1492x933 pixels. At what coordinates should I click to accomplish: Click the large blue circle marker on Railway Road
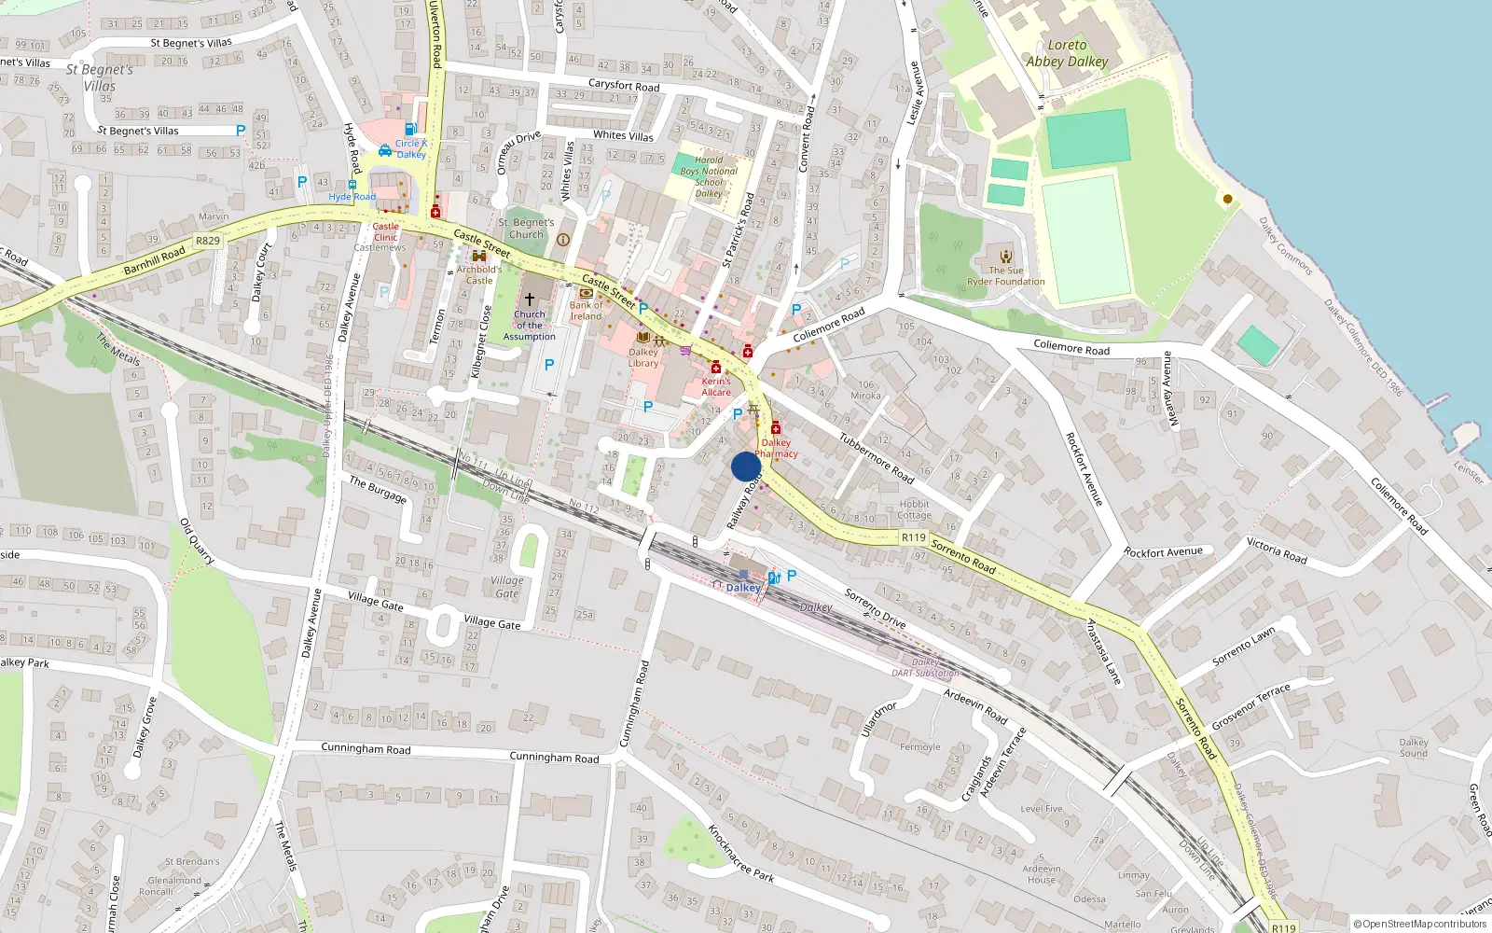(746, 466)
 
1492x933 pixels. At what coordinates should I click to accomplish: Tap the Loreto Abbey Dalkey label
(1067, 53)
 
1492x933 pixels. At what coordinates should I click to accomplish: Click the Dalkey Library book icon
(642, 337)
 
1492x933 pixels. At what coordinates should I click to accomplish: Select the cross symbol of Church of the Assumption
(529, 299)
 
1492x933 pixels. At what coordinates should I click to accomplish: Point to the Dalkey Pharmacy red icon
(775, 428)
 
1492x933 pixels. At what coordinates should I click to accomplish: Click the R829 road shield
(208, 241)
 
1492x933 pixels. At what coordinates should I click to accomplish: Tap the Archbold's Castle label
(478, 274)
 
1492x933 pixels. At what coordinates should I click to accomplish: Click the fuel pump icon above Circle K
(409, 129)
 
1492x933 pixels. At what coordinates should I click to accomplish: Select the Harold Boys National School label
(709, 176)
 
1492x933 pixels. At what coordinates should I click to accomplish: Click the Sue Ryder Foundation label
(1005, 276)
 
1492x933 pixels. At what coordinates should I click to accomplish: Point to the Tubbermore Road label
(876, 457)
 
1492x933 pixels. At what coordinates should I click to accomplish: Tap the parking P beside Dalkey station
(792, 576)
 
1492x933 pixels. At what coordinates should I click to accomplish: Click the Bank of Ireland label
(586, 311)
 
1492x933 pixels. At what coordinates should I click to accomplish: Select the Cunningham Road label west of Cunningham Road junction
(366, 748)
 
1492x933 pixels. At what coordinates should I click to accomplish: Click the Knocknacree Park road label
(740, 853)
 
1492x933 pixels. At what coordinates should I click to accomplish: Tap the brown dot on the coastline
(1227, 199)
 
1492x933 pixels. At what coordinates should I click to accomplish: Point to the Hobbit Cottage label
(914, 509)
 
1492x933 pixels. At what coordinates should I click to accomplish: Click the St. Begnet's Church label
(526, 229)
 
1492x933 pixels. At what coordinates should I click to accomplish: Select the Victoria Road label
(1277, 550)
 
